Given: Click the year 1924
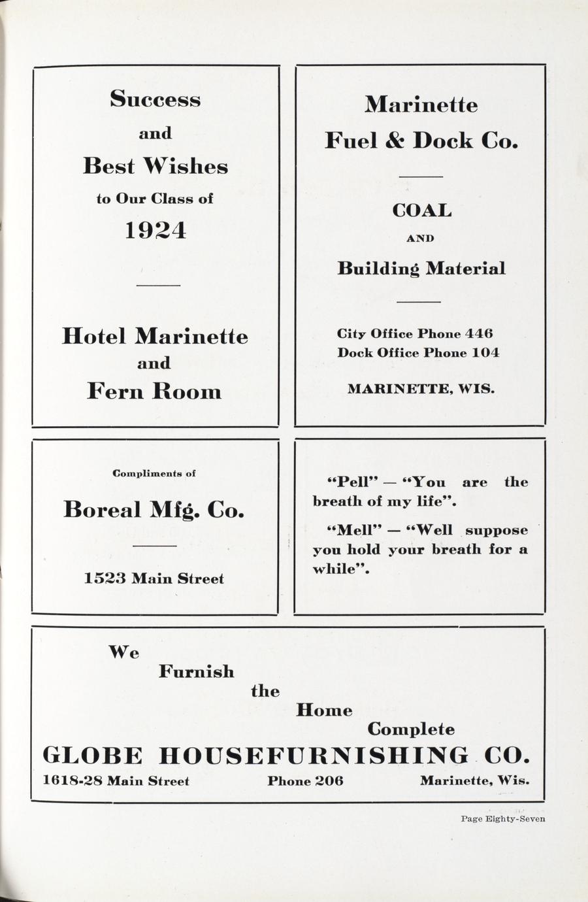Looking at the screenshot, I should tap(155, 230).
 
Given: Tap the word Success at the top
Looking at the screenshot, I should tap(155, 99).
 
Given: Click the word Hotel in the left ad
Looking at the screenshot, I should tap(94, 336).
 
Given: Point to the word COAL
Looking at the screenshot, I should tap(421, 210).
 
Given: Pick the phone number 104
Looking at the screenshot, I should tap(485, 353).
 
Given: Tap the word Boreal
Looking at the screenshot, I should tap(102, 509).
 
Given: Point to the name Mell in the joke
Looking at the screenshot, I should tap(353, 530).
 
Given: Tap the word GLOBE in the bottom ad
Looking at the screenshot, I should tap(92, 756).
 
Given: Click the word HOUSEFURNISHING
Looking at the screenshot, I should tap(314, 756).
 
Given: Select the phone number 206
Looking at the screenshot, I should tap(329, 780).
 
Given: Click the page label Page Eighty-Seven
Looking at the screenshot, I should tap(502, 818).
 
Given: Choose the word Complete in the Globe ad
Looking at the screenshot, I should tap(411, 729).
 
